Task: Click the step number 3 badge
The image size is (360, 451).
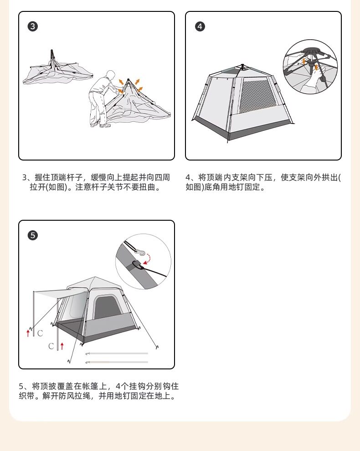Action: coord(33,26)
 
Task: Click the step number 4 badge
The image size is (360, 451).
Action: coord(200,26)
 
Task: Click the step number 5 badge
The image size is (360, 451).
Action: coord(33,235)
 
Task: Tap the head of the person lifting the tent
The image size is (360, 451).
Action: coord(110,75)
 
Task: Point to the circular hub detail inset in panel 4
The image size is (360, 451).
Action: coord(310,67)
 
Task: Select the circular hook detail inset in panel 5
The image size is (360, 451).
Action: coord(143,261)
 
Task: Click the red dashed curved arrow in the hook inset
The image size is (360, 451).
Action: coord(148,258)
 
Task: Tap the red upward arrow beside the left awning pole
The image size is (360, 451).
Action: coord(28,333)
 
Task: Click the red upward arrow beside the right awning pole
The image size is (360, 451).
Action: coord(62,346)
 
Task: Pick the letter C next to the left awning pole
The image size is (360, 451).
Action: coord(40,333)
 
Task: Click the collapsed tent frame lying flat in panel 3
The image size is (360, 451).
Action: coord(58,70)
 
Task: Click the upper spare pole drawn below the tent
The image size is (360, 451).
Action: coord(117,353)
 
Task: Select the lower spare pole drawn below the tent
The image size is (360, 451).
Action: coord(117,362)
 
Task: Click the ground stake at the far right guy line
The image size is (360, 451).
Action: coord(157,347)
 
